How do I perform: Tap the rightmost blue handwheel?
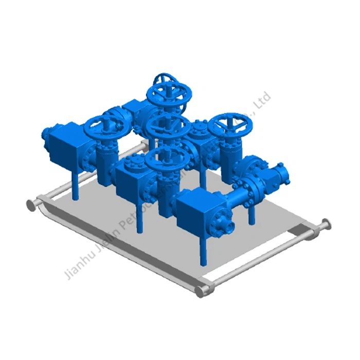coord(231,124)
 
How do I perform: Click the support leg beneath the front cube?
coord(204,249)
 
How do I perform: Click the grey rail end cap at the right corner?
coord(325,224)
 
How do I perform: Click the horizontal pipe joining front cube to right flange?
coord(240,193)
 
